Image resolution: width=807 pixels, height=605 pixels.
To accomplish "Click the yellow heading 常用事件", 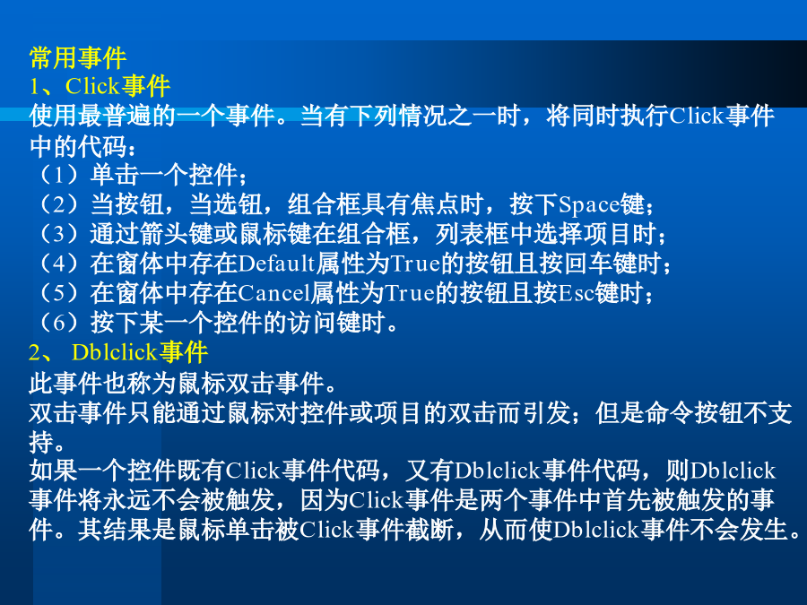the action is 78,57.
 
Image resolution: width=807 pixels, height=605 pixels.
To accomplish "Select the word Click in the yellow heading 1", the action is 92,86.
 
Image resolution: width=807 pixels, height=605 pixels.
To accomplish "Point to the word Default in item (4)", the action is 276,264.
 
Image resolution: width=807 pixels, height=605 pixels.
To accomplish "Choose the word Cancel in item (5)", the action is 273,293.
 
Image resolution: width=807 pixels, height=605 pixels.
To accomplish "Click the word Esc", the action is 577,293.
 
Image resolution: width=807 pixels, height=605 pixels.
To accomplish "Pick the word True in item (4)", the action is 415,264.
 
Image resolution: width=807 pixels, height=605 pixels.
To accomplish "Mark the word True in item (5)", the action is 410,293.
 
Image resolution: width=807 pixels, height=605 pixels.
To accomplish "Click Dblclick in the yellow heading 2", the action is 114,352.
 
